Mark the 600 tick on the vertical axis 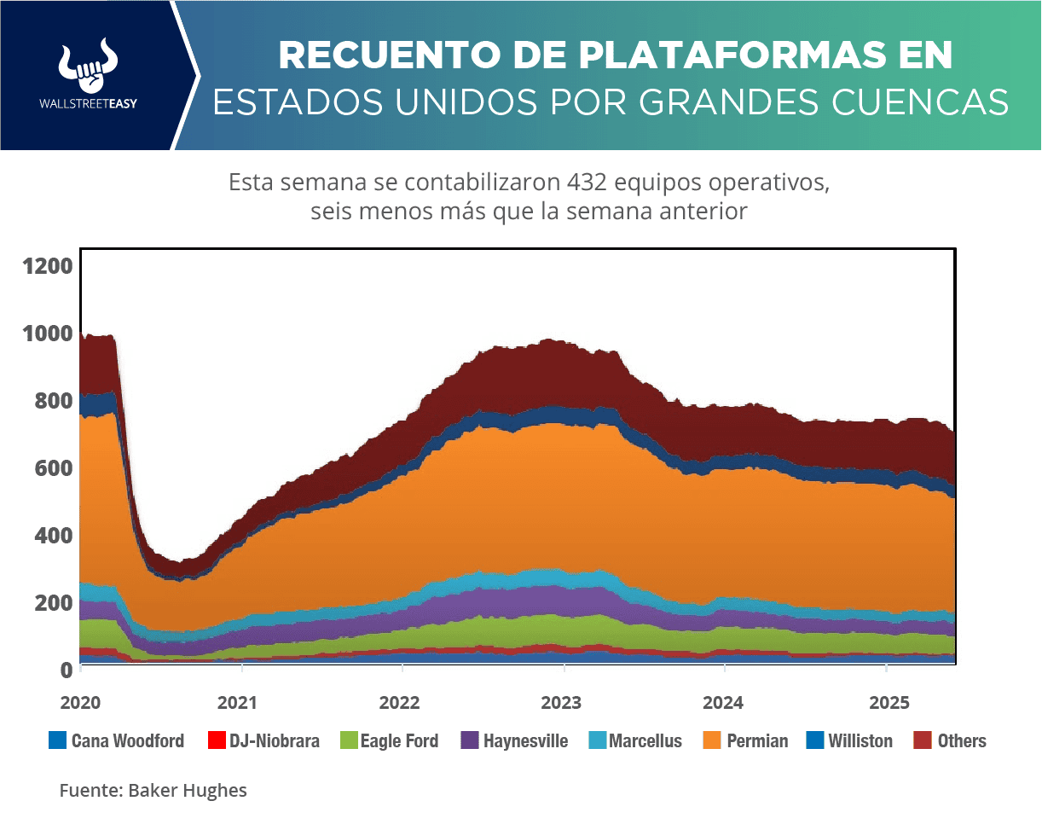point(52,468)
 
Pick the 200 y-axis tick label point(52,603)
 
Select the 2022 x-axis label point(400,704)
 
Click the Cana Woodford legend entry point(117,741)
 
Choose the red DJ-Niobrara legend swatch point(217,741)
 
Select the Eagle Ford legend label point(399,741)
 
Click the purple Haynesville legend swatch point(469,741)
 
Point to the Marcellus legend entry point(635,741)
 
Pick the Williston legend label point(860,741)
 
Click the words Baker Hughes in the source point(188,791)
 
